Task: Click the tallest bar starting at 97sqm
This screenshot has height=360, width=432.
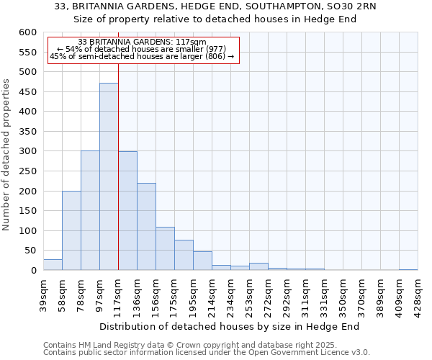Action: (x=109, y=176)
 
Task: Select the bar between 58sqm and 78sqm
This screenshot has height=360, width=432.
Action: (x=71, y=230)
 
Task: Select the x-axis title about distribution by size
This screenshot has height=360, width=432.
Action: (x=229, y=326)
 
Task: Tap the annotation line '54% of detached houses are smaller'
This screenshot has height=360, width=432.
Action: (x=141, y=49)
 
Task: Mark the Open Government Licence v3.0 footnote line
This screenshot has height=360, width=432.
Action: (x=206, y=353)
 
